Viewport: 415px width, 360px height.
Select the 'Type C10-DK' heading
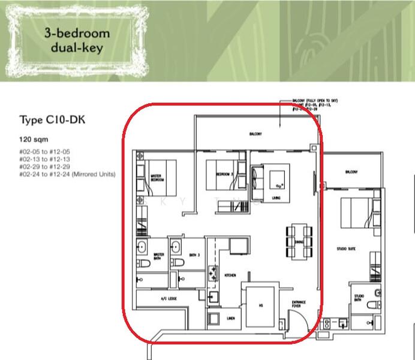(53, 120)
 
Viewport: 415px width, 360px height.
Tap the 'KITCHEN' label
(230, 275)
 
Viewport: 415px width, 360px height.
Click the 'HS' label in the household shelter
(260, 304)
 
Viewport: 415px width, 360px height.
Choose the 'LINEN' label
(230, 319)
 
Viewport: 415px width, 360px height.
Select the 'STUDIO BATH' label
(359, 298)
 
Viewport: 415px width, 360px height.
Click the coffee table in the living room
(278, 178)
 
